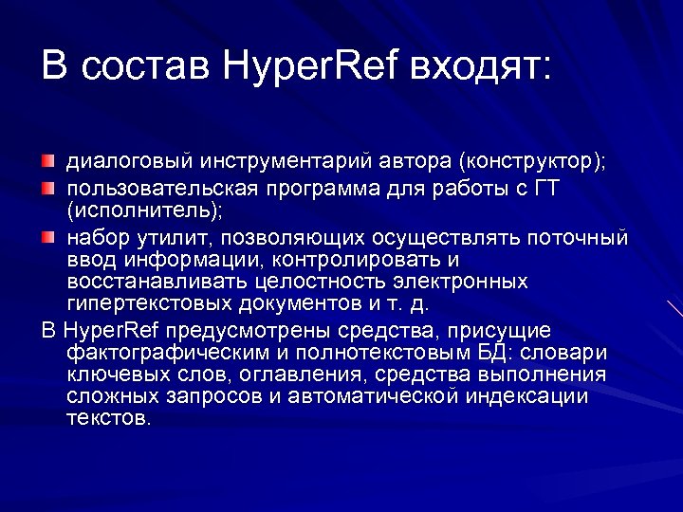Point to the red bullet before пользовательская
(48, 189)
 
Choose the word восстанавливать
(139, 282)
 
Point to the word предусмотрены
(227, 330)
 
